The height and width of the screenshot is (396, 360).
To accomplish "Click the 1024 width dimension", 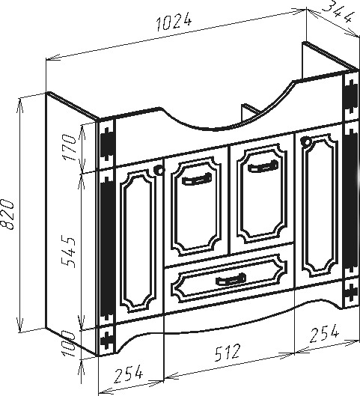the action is click(x=174, y=21).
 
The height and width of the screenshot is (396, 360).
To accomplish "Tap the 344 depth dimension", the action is click(x=338, y=12).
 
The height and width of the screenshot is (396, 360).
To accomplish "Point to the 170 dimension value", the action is click(x=70, y=147).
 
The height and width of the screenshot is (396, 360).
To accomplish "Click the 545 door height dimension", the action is click(x=69, y=252).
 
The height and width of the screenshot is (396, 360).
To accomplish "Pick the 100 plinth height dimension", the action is click(x=69, y=344).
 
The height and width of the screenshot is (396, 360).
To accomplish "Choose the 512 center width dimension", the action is click(x=227, y=352).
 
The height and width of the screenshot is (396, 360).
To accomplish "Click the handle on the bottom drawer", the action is click(x=231, y=279).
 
